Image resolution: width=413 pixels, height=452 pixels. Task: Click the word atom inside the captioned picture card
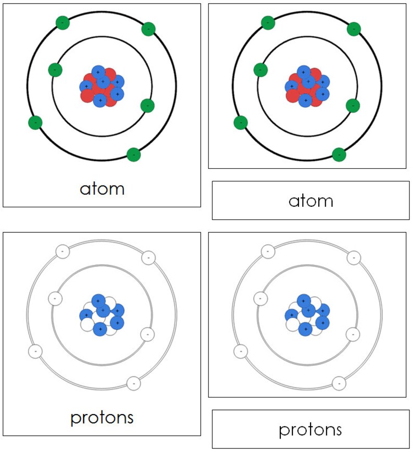pos(102,188)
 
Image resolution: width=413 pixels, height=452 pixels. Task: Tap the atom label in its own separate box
pos(311,201)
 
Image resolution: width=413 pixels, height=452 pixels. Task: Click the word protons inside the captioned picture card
pos(102,417)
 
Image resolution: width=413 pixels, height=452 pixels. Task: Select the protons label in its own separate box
pos(311,429)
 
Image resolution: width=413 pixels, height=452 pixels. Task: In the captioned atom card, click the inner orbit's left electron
pos(55,70)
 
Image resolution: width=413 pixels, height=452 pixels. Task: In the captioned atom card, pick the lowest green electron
pos(134,154)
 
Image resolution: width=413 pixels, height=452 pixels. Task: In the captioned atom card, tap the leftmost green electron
pos(35,123)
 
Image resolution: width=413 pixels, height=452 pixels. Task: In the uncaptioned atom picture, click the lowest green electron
pos(339,154)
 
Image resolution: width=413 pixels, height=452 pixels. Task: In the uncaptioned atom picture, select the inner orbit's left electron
pos(260,70)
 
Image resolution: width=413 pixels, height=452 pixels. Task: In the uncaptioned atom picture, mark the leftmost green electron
pos(240,123)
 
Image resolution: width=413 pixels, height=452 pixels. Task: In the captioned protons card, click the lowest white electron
pos(134,383)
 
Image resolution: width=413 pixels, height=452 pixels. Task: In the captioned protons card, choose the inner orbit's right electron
pos(148,334)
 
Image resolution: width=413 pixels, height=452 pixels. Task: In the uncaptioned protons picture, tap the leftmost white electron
pos(240,352)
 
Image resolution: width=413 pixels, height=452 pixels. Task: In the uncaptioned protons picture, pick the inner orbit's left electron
pos(260,299)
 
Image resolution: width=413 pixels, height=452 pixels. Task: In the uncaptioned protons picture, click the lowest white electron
pos(339,383)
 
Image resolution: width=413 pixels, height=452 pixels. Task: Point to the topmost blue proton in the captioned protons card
pos(98,300)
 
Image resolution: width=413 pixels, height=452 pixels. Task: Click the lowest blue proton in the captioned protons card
pos(100,328)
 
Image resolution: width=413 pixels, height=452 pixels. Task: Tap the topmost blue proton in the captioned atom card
pos(98,72)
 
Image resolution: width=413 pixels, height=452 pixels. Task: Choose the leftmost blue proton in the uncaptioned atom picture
pos(292,86)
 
